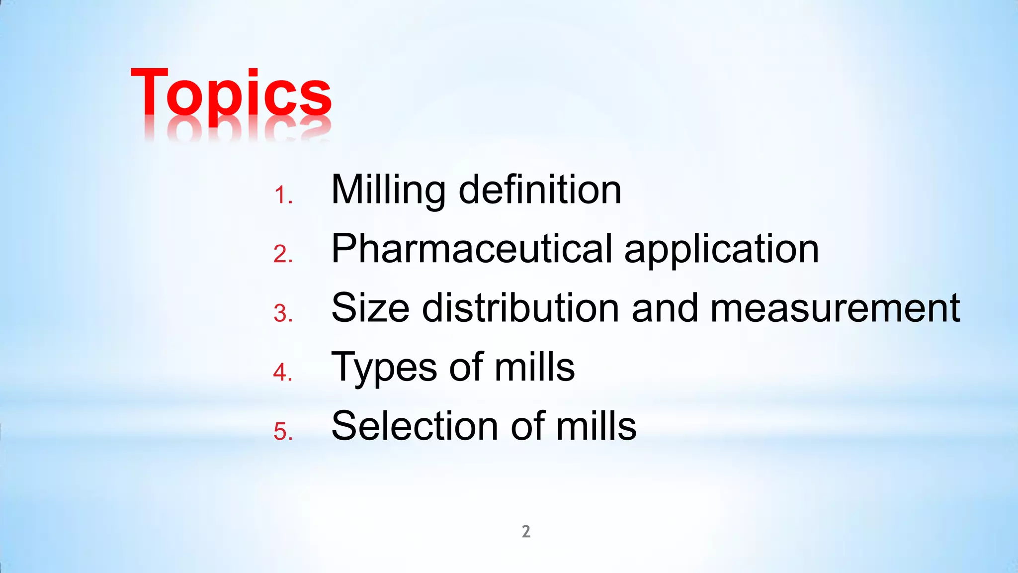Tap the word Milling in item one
click(x=388, y=191)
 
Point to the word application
click(x=721, y=250)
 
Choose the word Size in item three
click(x=370, y=308)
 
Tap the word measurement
click(x=835, y=308)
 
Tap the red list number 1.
click(x=282, y=195)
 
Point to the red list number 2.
click(x=282, y=254)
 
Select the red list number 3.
click(x=282, y=313)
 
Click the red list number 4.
click(x=282, y=373)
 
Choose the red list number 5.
click(x=282, y=431)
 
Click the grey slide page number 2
click(x=526, y=532)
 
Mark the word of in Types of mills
click(x=466, y=367)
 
